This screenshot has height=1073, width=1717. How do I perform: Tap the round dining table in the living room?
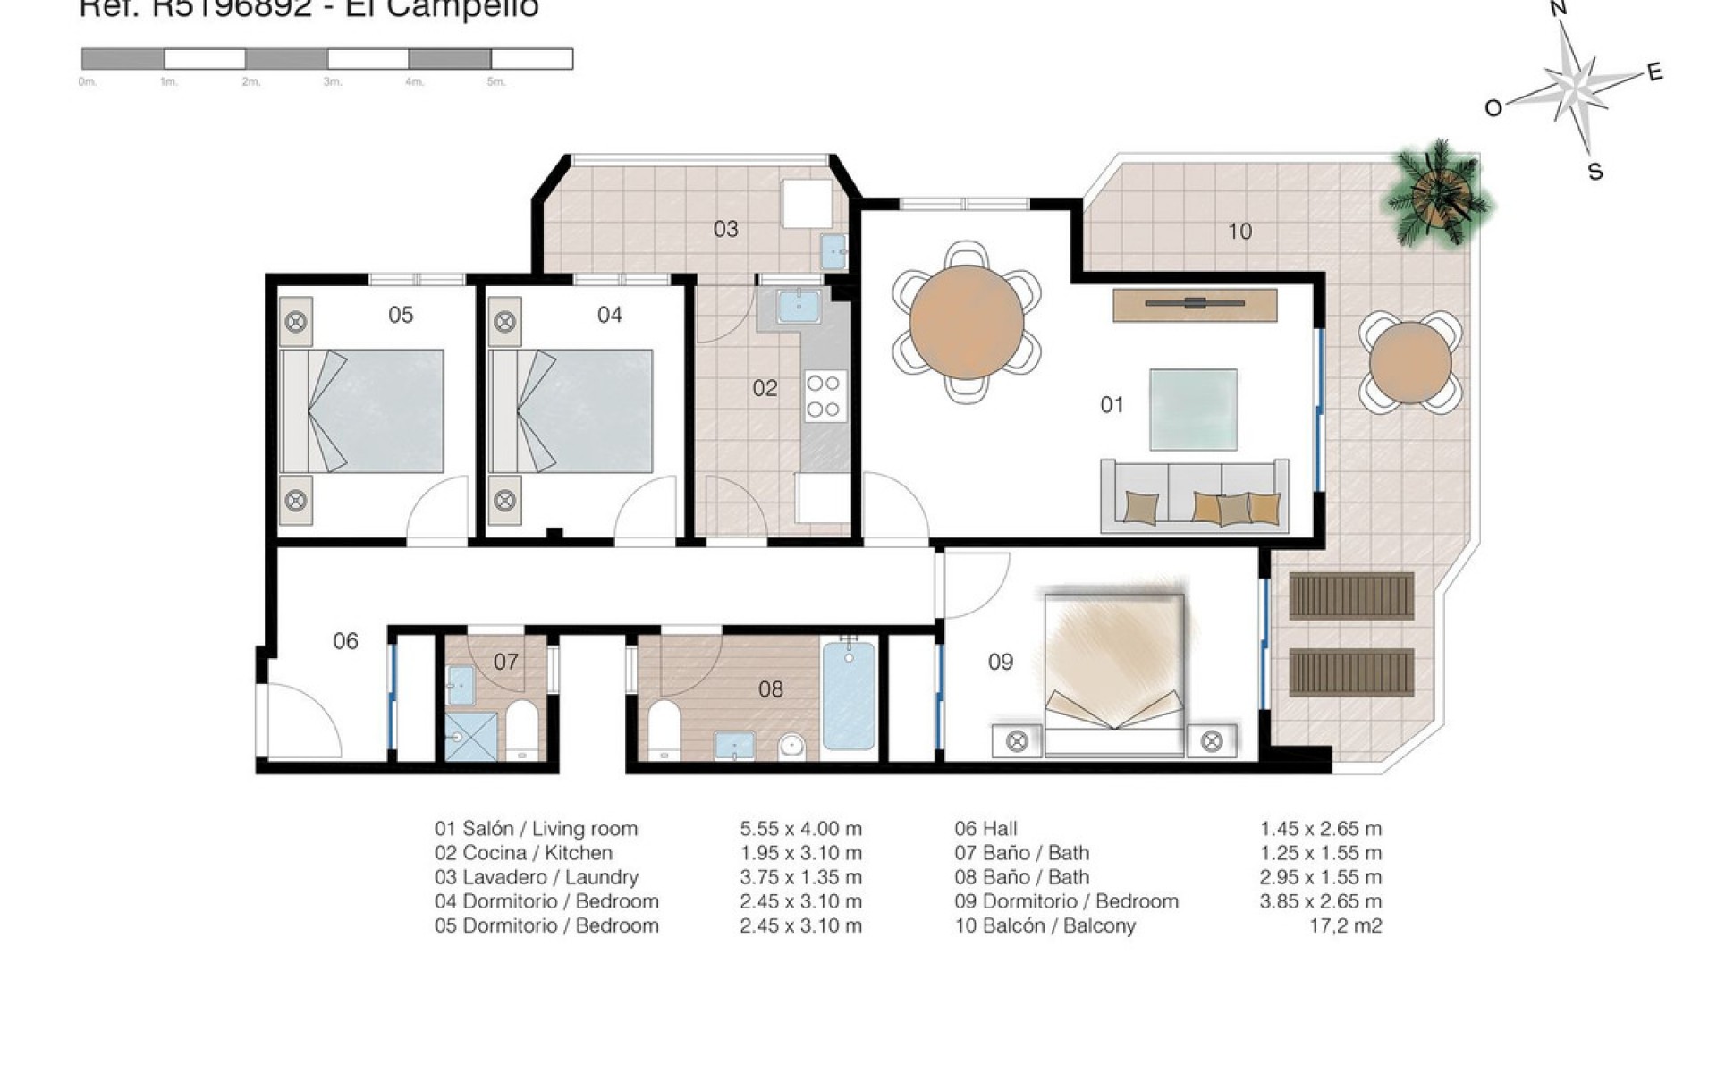tap(967, 322)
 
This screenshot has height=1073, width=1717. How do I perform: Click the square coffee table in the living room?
tap(1193, 409)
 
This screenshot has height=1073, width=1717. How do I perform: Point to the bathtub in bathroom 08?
tap(849, 695)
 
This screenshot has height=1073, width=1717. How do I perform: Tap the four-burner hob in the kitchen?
tap(823, 396)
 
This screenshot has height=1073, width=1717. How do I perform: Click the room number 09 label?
tap(1000, 662)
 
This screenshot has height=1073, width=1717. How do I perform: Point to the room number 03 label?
tap(725, 230)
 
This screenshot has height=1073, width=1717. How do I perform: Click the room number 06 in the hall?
tap(345, 641)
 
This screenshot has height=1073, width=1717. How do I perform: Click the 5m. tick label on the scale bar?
tap(496, 82)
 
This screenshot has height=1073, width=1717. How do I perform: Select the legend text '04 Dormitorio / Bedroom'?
tap(546, 901)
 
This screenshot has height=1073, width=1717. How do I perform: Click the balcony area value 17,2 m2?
tap(1345, 925)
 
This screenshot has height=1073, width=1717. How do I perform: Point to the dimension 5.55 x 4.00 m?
tap(800, 829)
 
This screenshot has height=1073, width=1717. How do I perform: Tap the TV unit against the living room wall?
tap(1194, 304)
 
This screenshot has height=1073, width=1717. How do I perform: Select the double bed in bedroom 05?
tap(362, 410)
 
